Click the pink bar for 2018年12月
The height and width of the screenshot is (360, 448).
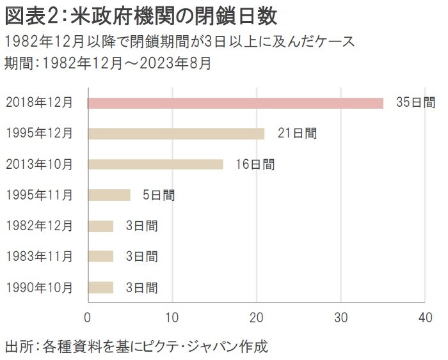pyautogui.click(x=235, y=103)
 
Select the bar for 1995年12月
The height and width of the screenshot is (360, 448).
pyautogui.click(x=175, y=134)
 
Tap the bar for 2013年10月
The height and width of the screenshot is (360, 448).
pyautogui.click(x=155, y=164)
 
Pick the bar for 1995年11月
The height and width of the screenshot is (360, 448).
pyautogui.click(x=109, y=195)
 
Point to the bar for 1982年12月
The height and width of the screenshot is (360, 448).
pyautogui.click(x=100, y=226)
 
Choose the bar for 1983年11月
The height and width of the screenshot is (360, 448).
pyautogui.click(x=100, y=256)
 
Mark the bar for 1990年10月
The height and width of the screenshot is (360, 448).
pyautogui.click(x=100, y=287)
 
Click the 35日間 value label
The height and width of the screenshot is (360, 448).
pyautogui.click(x=415, y=103)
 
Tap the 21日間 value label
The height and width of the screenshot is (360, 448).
pyautogui.click(x=297, y=134)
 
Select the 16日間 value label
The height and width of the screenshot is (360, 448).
pyautogui.click(x=255, y=164)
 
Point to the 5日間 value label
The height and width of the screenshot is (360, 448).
pyautogui.click(x=158, y=195)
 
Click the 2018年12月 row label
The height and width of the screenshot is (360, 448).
pyautogui.click(x=39, y=103)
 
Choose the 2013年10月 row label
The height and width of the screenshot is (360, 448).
pyautogui.click(x=39, y=164)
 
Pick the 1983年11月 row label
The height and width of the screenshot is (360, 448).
pyautogui.click(x=39, y=256)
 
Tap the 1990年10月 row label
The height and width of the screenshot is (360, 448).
pyautogui.click(x=39, y=287)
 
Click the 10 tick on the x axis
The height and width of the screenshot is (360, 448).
pyautogui.click(x=172, y=317)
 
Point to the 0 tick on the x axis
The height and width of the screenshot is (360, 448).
pyautogui.click(x=88, y=317)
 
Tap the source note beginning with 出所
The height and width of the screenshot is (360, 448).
pyautogui.click(x=135, y=347)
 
